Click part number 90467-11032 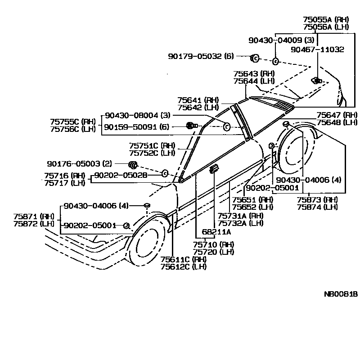pyautogui.click(x=317, y=50)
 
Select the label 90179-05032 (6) pyautogui.click(x=201, y=56)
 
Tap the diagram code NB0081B pyautogui.click(x=341, y=294)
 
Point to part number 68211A pyautogui.click(x=216, y=232)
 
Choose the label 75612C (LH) pyautogui.click(x=184, y=266)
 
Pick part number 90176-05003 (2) pyautogui.click(x=79, y=163)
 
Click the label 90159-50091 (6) pyautogui.click(x=136, y=127)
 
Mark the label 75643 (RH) pyautogui.click(x=254, y=73)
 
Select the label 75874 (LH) pyautogui.click(x=318, y=207)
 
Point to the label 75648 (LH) pyautogui.click(x=337, y=122)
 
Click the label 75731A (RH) pyautogui.click(x=240, y=216)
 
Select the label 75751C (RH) pyautogui.click(x=152, y=145)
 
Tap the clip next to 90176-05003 pyautogui.click(x=133, y=164)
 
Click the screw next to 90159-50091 pyautogui.click(x=190, y=126)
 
